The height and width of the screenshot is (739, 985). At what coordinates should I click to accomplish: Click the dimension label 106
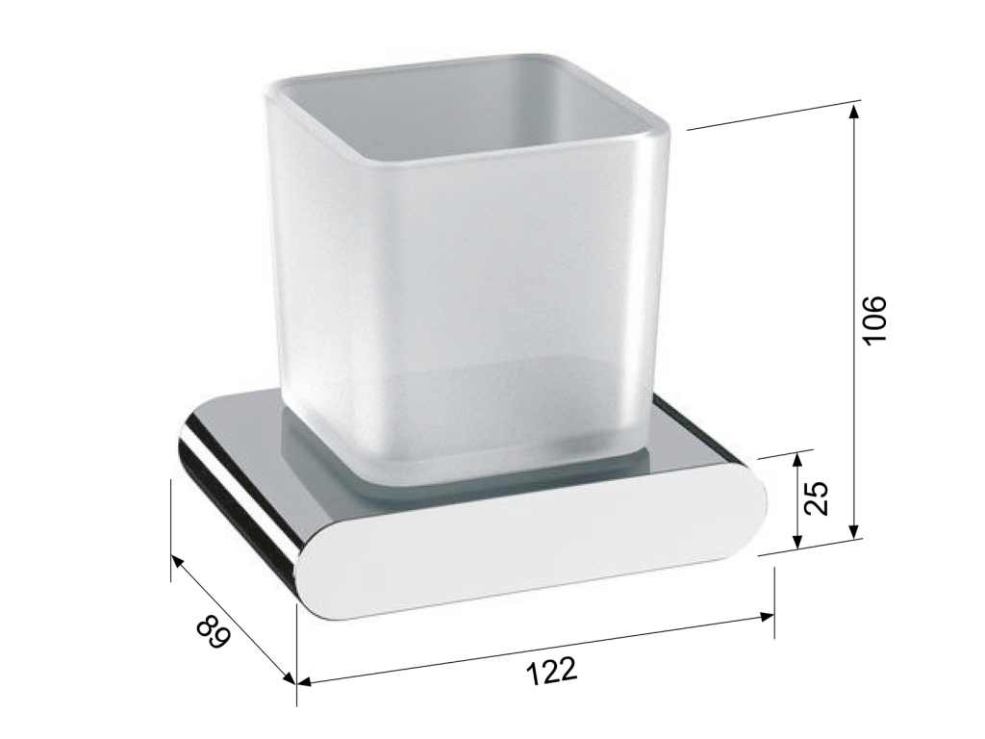click(874, 319)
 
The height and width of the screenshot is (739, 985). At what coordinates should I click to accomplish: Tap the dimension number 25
click(817, 498)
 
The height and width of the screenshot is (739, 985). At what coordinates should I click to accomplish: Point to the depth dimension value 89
click(213, 635)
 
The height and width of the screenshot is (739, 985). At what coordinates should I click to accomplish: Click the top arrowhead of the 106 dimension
click(853, 112)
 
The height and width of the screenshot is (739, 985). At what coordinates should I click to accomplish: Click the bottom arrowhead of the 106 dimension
click(853, 531)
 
